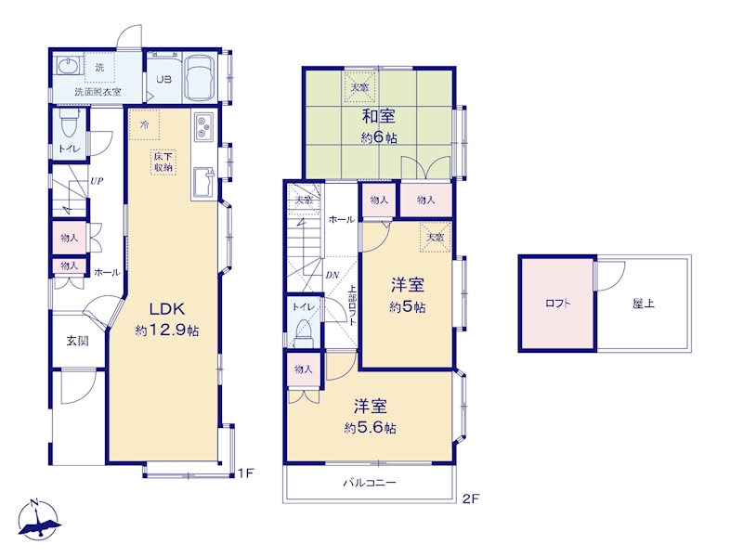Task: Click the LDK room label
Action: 167,309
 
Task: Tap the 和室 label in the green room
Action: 379,117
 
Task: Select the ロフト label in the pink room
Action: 557,304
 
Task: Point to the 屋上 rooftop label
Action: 643,304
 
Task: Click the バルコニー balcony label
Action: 369,483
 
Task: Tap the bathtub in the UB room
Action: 200,78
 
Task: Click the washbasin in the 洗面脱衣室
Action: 68,65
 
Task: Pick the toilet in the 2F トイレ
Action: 304,332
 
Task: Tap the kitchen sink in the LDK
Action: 203,183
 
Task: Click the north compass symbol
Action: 39,520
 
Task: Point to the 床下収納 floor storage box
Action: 163,162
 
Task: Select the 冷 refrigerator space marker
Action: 145,125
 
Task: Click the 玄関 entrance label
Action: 77,341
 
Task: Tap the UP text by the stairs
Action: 97,181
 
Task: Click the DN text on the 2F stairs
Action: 332,275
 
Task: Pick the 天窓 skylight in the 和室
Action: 359,86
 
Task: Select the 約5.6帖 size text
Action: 370,428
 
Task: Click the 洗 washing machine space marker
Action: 99,67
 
